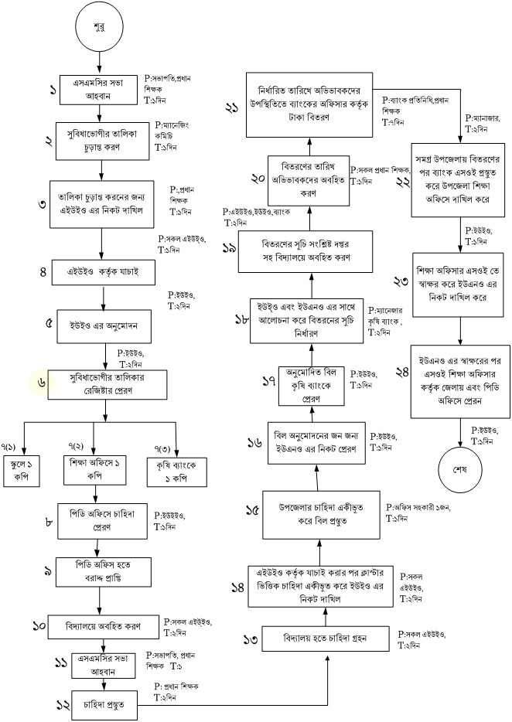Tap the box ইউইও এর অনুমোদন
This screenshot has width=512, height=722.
click(x=108, y=324)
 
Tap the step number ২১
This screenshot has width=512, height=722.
click(x=232, y=108)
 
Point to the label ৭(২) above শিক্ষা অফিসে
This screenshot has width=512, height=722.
click(x=76, y=448)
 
